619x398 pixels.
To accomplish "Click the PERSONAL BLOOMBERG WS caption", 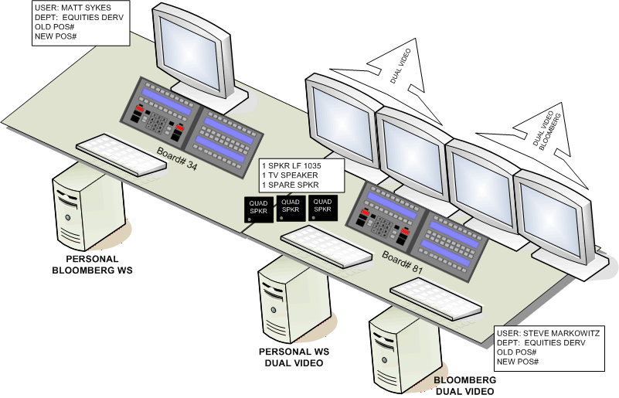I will [x=92, y=264].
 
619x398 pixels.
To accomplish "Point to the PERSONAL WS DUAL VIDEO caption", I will [x=293, y=356].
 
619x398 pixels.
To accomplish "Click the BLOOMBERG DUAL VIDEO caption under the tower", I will [x=464, y=386].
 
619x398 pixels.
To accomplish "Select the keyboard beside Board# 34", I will [x=121, y=154].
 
